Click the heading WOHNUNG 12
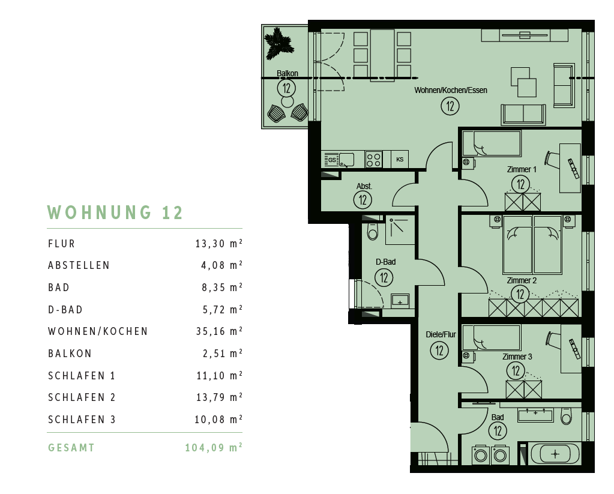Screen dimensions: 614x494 coord(115,212)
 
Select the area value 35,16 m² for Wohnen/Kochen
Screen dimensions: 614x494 coord(219,331)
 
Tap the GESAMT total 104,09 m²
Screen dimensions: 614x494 coord(214,447)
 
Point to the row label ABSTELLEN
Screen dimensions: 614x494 coord(79,265)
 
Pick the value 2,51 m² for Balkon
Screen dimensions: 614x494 coord(223,354)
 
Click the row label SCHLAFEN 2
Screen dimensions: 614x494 coord(82,397)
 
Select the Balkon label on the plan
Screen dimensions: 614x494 coord(287,73)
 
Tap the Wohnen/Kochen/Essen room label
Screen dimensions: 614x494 coord(451,90)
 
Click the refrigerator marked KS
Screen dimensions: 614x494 coord(400,160)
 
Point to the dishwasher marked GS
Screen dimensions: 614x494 coord(332,160)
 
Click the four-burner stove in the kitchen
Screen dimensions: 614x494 coord(373,160)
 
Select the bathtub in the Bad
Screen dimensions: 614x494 coord(555,454)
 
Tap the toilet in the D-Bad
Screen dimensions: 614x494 coord(372,231)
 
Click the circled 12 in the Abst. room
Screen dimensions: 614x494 coord(363,200)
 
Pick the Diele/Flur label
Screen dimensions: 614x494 coord(441,334)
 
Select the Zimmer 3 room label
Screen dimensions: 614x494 coord(517,357)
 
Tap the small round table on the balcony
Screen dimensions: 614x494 coord(287,102)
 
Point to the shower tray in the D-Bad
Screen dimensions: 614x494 coord(400,230)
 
